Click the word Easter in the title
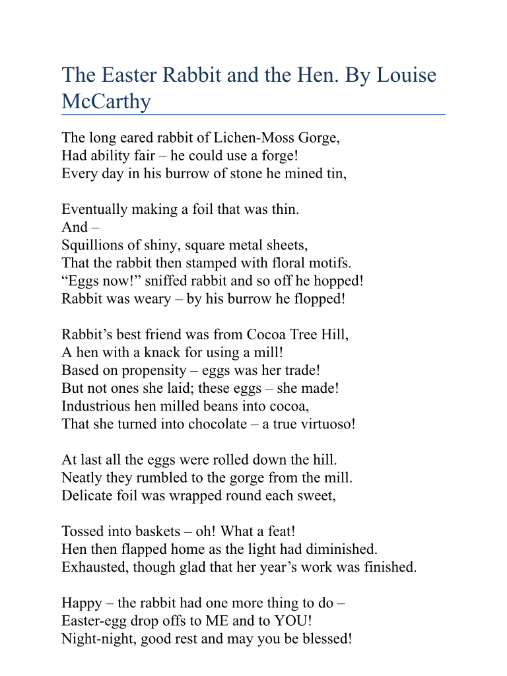click(x=125, y=75)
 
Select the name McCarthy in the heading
click(x=106, y=102)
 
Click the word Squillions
click(x=90, y=245)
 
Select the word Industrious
click(x=94, y=405)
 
